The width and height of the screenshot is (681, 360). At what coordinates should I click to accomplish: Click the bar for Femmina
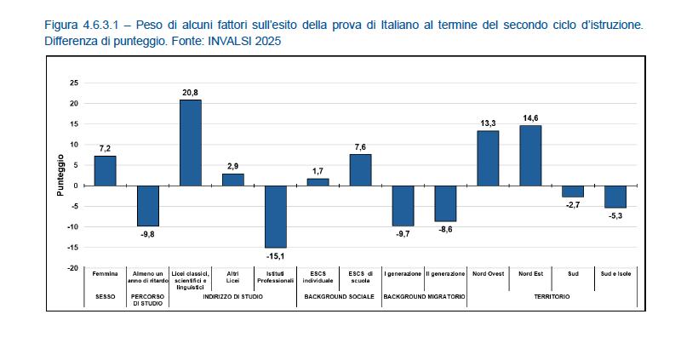pos(106,170)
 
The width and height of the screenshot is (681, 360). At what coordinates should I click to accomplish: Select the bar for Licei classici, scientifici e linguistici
pos(191,143)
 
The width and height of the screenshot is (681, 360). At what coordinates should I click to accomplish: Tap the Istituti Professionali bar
pos(275,216)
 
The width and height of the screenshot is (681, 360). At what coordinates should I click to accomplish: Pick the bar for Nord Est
pos(530,156)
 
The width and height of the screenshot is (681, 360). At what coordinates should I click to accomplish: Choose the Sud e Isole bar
pos(615,197)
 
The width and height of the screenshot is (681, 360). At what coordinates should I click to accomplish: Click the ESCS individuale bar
pos(318,182)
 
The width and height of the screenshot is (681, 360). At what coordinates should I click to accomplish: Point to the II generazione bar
pos(445,203)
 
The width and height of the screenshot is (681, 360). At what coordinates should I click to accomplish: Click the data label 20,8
pos(191,92)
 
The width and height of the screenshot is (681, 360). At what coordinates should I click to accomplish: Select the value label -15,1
pos(275,254)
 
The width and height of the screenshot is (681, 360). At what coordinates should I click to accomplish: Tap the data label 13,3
pos(488,123)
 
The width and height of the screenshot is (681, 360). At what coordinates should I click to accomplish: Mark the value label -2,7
pos(573,204)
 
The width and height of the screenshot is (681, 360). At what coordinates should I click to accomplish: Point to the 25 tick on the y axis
pos(74,83)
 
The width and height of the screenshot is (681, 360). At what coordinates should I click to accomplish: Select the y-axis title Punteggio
pos(60,175)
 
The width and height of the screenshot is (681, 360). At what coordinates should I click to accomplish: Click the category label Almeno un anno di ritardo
pos(148,277)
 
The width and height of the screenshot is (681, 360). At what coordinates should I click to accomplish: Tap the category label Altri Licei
pos(232,277)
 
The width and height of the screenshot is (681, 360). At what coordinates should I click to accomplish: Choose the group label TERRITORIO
pos(552,296)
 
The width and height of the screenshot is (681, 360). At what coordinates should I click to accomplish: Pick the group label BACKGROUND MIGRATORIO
pos(424,296)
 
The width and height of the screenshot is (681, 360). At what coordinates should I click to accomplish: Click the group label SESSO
pos(106,296)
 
